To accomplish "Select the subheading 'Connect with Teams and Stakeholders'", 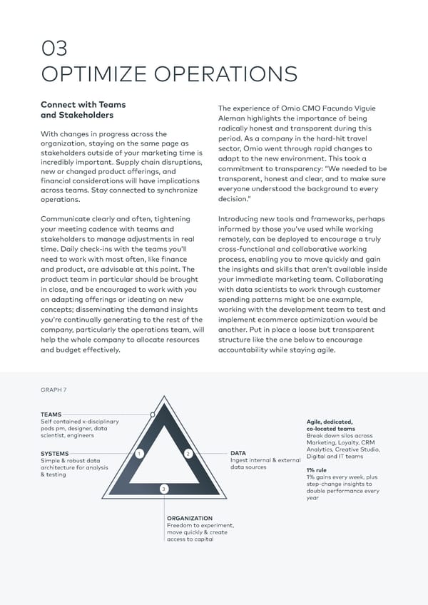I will [x=83, y=109].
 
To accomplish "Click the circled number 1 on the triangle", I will [x=140, y=454].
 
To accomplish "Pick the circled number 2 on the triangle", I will [x=188, y=454].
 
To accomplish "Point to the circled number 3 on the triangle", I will [x=163, y=488].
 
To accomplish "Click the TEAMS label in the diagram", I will [x=51, y=414].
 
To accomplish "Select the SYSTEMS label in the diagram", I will [x=55, y=453].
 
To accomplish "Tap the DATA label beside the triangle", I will [x=238, y=453].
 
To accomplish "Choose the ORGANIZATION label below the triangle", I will [x=189, y=518].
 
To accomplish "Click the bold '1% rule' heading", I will [x=316, y=470].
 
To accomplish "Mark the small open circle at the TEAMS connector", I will [x=153, y=414].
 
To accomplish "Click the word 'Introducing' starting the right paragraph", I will [x=242, y=218].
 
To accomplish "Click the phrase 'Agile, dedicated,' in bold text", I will [x=330, y=421].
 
